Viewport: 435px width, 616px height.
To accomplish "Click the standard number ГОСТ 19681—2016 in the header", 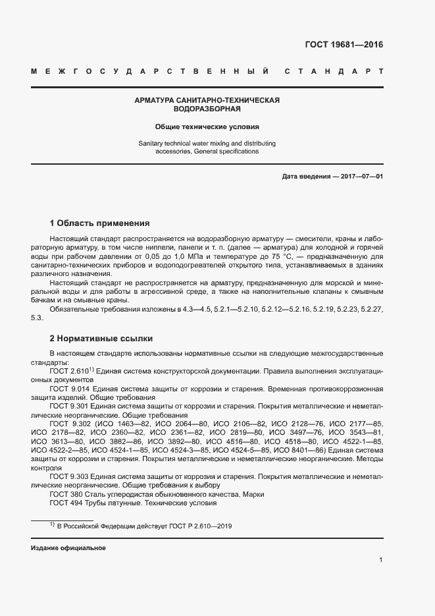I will click(x=344, y=45).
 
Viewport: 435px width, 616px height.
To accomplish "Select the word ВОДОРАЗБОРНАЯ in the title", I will click(x=207, y=109).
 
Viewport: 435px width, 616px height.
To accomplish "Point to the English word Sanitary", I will click(x=152, y=143).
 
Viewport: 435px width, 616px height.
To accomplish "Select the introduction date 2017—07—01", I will click(x=361, y=177).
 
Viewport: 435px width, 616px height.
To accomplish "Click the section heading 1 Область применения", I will click(x=100, y=223).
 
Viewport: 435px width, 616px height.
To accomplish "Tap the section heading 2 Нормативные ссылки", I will click(x=101, y=339).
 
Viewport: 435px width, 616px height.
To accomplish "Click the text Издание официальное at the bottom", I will click(x=68, y=548).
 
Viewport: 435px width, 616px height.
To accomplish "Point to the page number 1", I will click(x=381, y=560).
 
